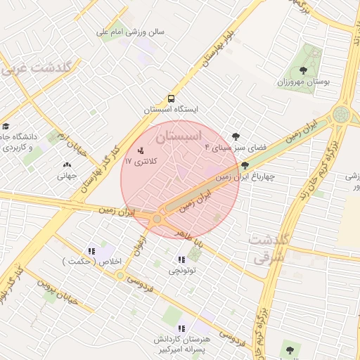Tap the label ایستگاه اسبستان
[172, 110]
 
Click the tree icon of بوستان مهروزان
[303, 70]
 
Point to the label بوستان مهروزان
[303, 82]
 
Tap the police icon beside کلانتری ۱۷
[141, 150]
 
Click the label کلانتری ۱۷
[141, 162]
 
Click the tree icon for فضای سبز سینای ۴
[236, 136]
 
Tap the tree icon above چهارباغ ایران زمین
[244, 166]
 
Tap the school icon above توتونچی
[182, 259]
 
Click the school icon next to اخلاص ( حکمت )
[91, 251]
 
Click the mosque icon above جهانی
[67, 166]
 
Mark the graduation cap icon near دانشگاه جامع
[6, 127]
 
